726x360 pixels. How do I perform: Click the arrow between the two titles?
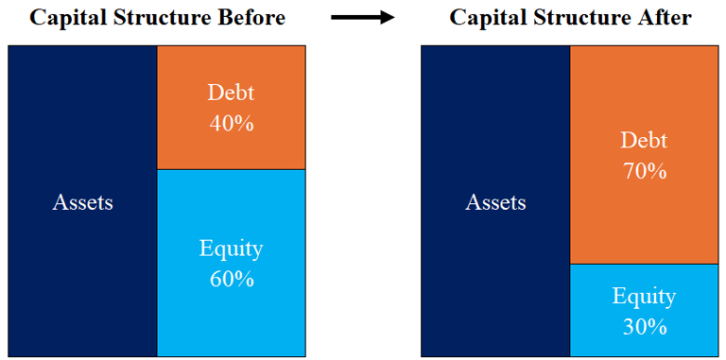point(363,18)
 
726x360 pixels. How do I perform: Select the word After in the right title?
point(665,18)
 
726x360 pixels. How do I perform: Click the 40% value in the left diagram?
point(231,124)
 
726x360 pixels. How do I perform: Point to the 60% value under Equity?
point(232,279)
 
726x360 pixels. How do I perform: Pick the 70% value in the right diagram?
point(645,172)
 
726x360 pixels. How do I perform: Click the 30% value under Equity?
point(645,327)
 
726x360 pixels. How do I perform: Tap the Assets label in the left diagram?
point(82,202)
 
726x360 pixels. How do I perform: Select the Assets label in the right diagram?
point(495,202)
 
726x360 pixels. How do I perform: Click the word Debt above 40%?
point(231,93)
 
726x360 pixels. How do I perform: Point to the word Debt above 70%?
point(644,141)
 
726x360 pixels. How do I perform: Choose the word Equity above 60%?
point(232,249)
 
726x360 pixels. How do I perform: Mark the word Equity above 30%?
point(645,297)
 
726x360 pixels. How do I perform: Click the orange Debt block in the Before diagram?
point(231,108)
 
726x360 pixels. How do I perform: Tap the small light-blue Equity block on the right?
point(644,310)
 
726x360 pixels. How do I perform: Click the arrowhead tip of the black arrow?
point(394,18)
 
